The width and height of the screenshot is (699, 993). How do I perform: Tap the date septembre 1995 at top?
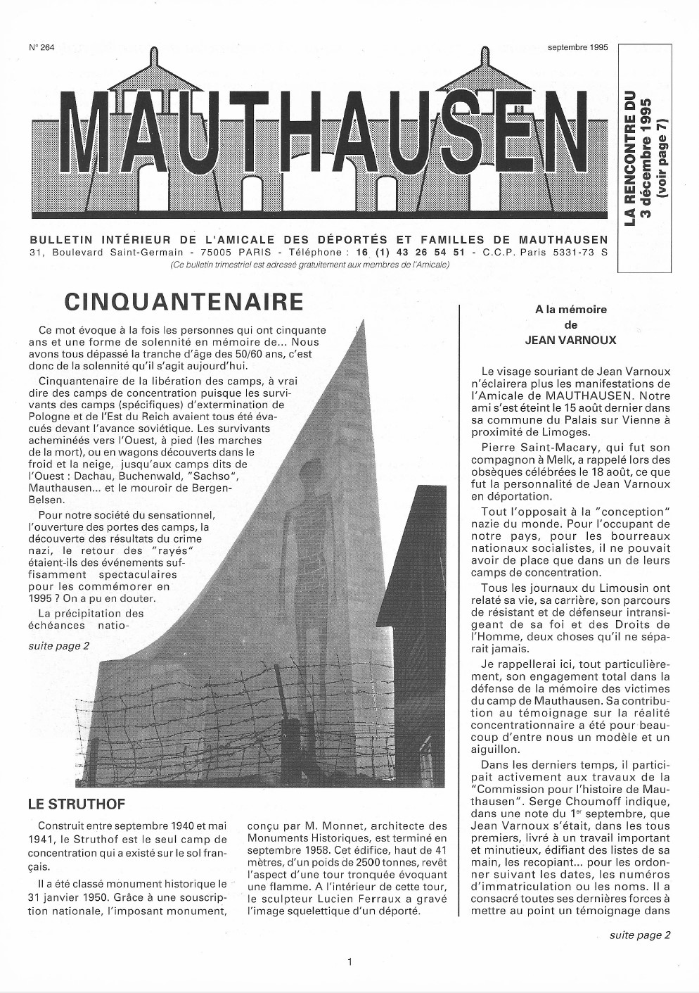tap(577, 48)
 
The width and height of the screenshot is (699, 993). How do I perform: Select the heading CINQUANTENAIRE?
tap(184, 302)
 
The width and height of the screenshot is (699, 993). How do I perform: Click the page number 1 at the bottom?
tap(349, 961)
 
